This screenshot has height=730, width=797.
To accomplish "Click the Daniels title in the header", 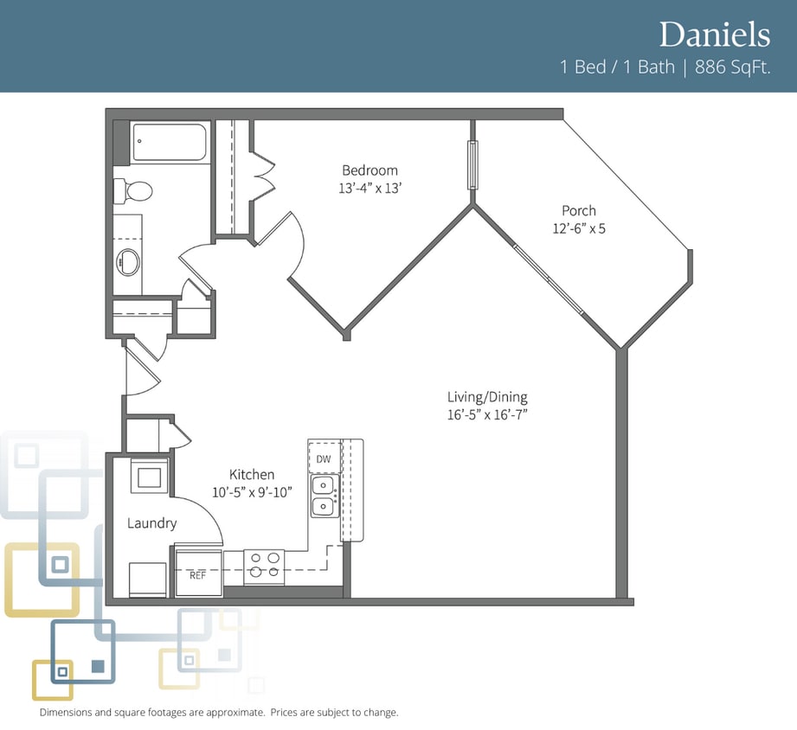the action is click(x=715, y=35).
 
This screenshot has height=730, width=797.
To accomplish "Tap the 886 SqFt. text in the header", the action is click(x=733, y=67).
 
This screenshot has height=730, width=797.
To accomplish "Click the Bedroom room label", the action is click(x=370, y=170).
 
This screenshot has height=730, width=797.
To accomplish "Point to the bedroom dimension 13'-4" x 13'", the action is click(x=370, y=188).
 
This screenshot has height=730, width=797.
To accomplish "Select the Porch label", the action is click(x=579, y=210).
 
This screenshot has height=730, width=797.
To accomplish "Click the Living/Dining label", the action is click(x=487, y=397).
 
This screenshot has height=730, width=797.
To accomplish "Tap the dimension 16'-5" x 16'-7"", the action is click(x=487, y=414).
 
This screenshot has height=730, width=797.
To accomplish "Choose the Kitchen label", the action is click(x=252, y=475).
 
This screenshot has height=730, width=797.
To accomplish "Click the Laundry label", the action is click(x=152, y=523).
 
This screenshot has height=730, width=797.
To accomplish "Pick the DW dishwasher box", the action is click(x=325, y=458).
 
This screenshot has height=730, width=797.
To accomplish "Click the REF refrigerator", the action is click(x=198, y=570).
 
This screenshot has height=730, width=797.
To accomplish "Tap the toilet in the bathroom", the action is click(x=132, y=191).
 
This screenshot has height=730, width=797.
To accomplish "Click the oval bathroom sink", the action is click(x=129, y=262).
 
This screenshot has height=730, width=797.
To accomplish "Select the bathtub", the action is click(x=170, y=142).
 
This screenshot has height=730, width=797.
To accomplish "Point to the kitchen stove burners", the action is click(x=264, y=566).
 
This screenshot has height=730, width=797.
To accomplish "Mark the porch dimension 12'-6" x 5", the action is click(x=579, y=228).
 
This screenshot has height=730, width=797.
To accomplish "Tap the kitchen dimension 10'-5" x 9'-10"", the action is click(x=252, y=492).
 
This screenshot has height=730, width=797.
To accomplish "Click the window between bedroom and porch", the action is click(x=472, y=164).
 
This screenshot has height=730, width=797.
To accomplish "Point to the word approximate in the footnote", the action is click(x=235, y=712).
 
